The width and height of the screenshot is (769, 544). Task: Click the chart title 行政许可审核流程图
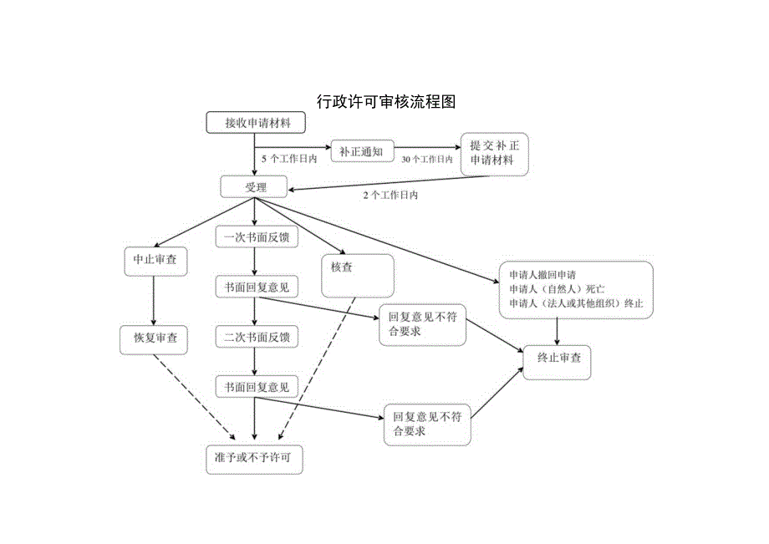[x=386, y=102]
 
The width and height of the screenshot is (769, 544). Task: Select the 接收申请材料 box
[x=257, y=123]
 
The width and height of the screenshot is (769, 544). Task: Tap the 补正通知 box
[x=361, y=151]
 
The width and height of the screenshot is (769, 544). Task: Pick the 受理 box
[x=255, y=187]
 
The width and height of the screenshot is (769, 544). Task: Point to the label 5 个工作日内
[x=289, y=159]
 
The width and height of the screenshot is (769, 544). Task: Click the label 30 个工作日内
[x=426, y=159]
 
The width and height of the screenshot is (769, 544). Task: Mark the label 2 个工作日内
[x=390, y=195]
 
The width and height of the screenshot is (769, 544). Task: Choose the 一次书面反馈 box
[x=257, y=237]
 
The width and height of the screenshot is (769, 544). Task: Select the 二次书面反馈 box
[x=257, y=338]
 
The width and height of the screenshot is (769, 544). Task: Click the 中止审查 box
[x=155, y=260]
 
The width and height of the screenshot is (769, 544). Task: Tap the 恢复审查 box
[x=155, y=338]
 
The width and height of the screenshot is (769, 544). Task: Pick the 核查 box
[x=357, y=275]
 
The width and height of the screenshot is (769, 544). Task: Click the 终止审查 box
[x=558, y=358]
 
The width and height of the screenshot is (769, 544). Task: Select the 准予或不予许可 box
[x=253, y=458]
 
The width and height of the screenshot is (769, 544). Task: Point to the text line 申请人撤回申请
[x=542, y=275]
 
